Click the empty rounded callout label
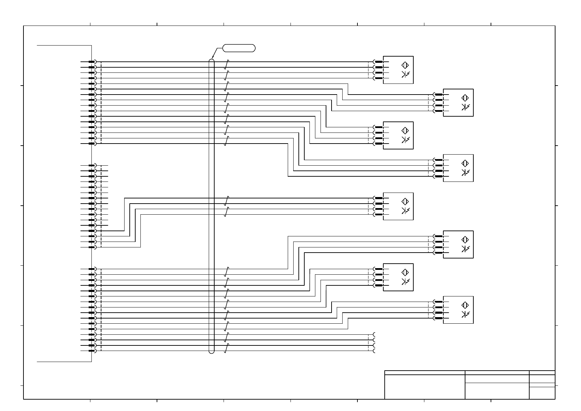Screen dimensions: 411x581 pyautogui.click(x=239, y=48)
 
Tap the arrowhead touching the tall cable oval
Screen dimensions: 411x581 pyautogui.click(x=213, y=57)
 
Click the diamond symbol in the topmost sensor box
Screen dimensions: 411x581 pyautogui.click(x=405, y=65)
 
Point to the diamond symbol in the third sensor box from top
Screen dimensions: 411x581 pyautogui.click(x=405, y=130)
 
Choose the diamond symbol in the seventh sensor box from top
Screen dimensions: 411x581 pyautogui.click(x=405, y=273)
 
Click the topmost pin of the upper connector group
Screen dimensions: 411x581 pyautogui.click(x=92, y=62)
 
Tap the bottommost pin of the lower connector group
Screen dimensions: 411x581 pyautogui.click(x=92, y=351)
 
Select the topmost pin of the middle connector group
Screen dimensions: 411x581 pyautogui.click(x=92, y=165)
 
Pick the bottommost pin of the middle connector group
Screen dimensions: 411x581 pyautogui.click(x=92, y=247)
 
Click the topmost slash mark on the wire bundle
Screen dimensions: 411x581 pyautogui.click(x=227, y=65)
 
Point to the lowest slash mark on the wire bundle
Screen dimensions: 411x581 pyautogui.click(x=227, y=348)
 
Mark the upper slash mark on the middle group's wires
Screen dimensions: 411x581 pyautogui.click(x=227, y=200)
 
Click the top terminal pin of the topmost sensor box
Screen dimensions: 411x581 pyautogui.click(x=379, y=62)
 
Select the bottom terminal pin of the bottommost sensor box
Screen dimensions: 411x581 pyautogui.click(x=439, y=318)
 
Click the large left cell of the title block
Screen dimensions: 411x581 pyautogui.click(x=425, y=387)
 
